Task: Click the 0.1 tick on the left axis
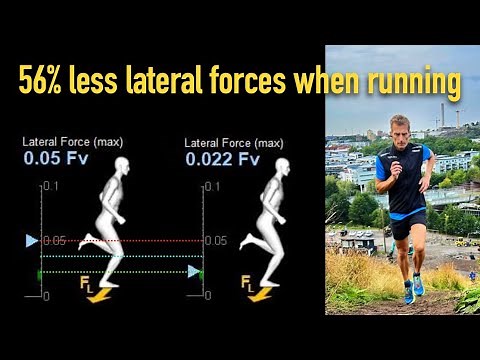pyautogui.click(x=51, y=186)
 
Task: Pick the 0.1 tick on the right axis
pyautogui.click(x=213, y=186)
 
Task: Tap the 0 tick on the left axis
pyautogui.click(x=47, y=296)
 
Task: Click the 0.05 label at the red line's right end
pyautogui.click(x=214, y=240)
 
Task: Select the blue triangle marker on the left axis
pyautogui.click(x=32, y=240)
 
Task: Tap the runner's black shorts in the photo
pyautogui.click(x=408, y=225)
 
